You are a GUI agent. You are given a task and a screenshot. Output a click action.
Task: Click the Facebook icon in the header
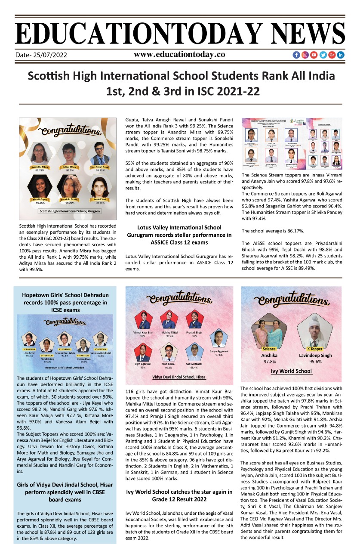296,55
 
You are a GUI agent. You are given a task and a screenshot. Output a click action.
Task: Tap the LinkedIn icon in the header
340,55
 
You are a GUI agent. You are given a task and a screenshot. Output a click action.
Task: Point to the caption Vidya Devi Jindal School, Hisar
179,377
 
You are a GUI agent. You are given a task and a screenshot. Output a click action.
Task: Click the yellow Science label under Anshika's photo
269,349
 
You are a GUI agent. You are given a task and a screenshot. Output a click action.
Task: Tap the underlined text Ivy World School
291,371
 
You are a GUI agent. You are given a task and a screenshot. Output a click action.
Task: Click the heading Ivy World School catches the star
179,495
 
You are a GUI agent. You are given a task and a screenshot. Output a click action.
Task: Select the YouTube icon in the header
314,55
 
